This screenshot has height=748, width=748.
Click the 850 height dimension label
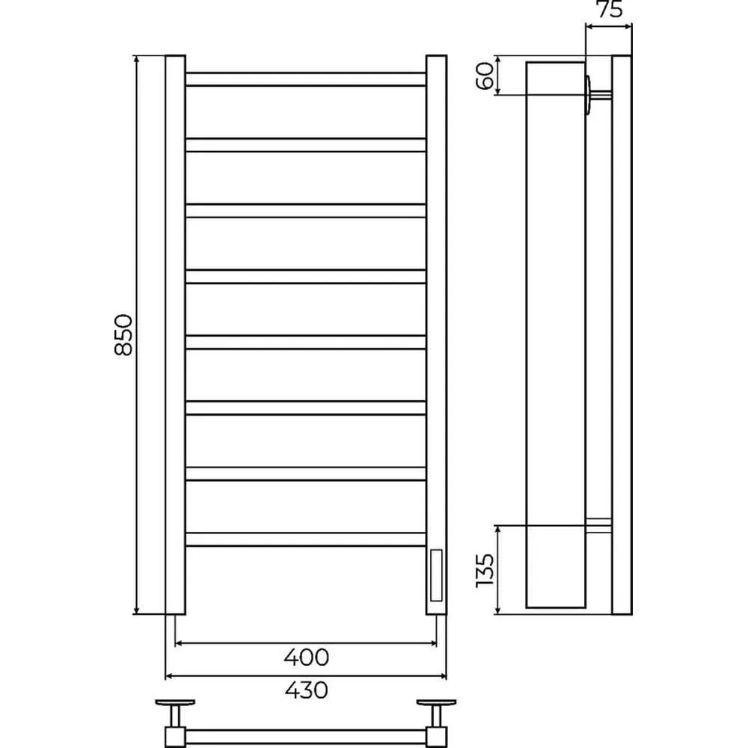click(x=123, y=334)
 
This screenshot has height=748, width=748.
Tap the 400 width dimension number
click(x=306, y=657)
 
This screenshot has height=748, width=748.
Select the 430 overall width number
click(x=306, y=690)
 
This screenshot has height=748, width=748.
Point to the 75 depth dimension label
click(x=610, y=9)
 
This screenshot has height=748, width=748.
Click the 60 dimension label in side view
click(x=485, y=76)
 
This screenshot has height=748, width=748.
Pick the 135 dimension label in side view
click(x=485, y=571)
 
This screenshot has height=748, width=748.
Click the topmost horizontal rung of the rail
click(x=306, y=79)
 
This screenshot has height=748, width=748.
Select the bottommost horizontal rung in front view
click(x=306, y=539)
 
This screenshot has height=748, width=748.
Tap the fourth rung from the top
click(x=306, y=277)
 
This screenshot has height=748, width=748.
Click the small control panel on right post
click(x=436, y=575)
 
